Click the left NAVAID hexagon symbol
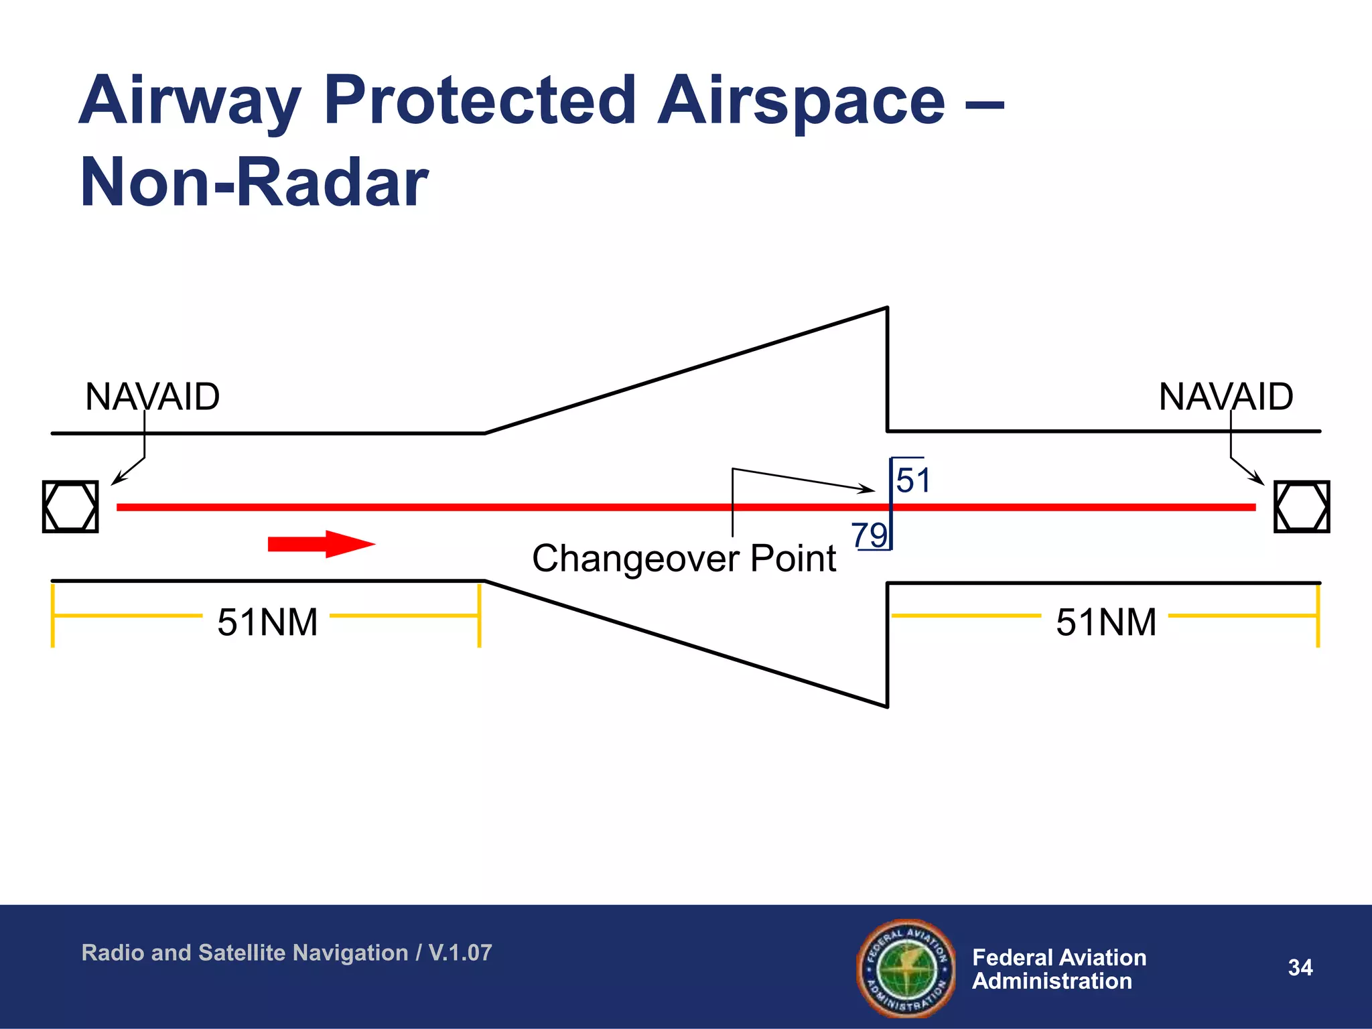[x=70, y=506]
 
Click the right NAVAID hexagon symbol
[x=1301, y=506]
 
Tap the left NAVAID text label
[x=152, y=397]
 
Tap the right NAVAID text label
[x=1225, y=397]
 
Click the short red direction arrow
[x=321, y=544]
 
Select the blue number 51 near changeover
[x=913, y=480]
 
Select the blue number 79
[x=869, y=535]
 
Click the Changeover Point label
[x=683, y=558]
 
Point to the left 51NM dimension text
[x=267, y=622]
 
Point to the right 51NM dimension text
[x=1106, y=622]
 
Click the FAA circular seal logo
[x=906, y=968]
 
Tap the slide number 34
[x=1300, y=967]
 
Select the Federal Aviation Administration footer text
[x=1058, y=969]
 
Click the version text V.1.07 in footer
[x=460, y=953]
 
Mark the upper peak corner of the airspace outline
[x=887, y=308]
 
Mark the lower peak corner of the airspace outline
[x=887, y=706]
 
